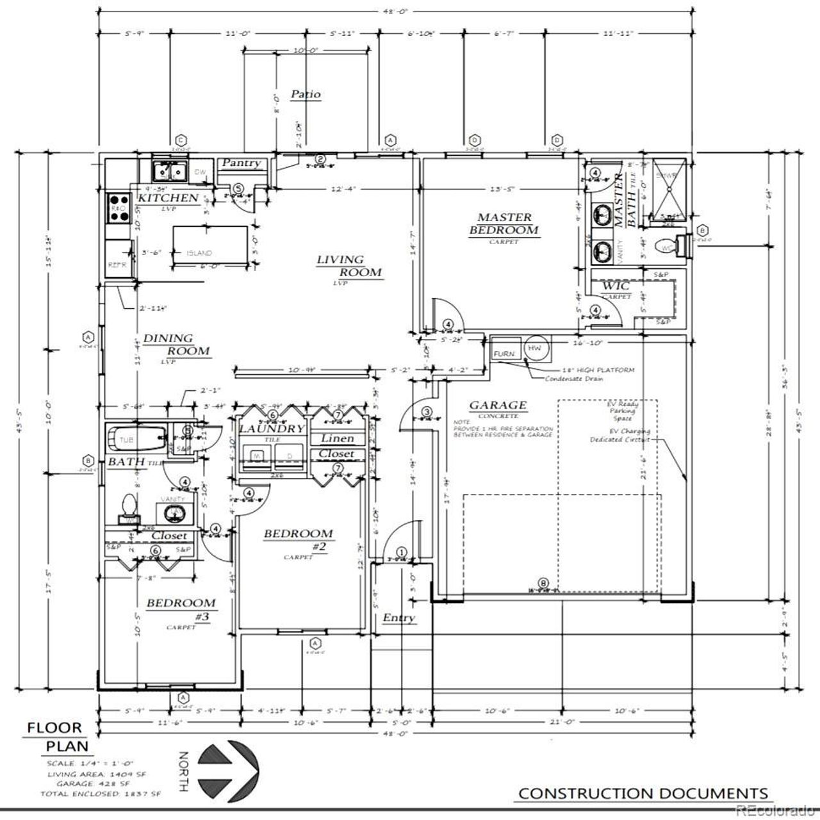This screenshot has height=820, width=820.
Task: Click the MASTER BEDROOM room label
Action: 504,224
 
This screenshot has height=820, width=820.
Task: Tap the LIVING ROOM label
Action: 349,266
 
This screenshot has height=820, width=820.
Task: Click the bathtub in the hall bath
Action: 135,440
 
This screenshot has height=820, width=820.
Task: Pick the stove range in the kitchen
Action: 119,208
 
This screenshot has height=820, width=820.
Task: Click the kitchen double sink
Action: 170,171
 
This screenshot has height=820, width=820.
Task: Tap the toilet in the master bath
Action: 671,246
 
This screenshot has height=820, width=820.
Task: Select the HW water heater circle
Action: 534,347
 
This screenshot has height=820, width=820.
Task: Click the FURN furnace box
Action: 504,354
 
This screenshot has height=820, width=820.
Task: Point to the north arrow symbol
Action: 227,768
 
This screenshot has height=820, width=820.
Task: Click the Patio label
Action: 306,94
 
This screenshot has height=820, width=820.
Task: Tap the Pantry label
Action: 241,163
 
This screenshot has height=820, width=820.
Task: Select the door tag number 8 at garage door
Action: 543,583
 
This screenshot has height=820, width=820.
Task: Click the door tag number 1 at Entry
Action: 402,552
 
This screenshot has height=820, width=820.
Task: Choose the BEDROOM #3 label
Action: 181,609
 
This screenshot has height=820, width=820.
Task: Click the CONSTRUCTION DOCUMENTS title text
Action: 643,793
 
